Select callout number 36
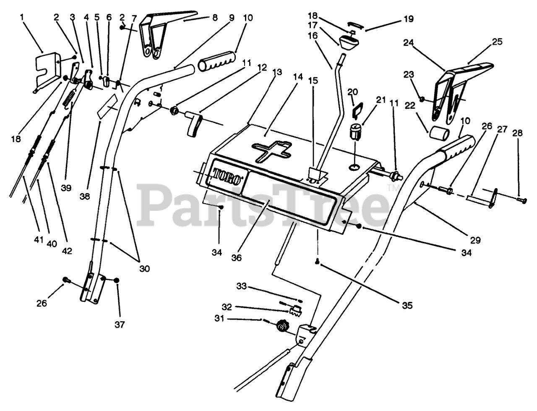[236, 258]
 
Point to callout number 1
[22, 18]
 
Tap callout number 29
[476, 240]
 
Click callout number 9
[232, 18]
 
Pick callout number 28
[518, 133]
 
